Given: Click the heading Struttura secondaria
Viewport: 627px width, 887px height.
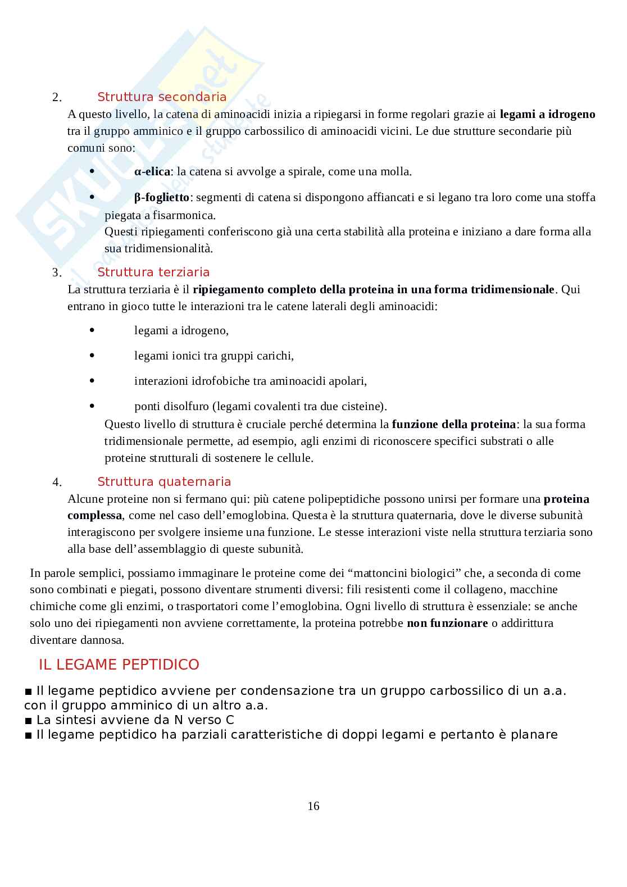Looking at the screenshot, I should point(162,97).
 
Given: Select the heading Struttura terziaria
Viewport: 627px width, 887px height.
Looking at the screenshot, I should point(153,272).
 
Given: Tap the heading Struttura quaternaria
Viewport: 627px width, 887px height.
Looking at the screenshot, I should point(164,482).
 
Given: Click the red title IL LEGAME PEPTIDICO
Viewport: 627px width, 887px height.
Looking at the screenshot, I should point(119,665).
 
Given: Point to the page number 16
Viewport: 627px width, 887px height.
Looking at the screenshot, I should point(313,807).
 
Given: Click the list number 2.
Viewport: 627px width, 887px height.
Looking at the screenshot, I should point(57,98).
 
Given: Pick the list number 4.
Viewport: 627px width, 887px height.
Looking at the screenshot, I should point(57,483).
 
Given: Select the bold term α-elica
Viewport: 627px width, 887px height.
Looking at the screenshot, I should point(152,172).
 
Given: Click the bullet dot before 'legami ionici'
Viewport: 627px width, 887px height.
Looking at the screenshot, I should point(92,355).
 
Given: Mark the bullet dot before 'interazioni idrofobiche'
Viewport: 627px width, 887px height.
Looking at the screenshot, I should point(92,380).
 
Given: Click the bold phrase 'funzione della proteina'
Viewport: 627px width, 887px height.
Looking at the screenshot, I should point(453,424).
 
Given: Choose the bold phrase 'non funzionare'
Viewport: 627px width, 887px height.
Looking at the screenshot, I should point(447,623).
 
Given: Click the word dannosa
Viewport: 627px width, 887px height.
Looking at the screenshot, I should point(104,640).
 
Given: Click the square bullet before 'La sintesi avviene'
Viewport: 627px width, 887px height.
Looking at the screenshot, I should point(29,720).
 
